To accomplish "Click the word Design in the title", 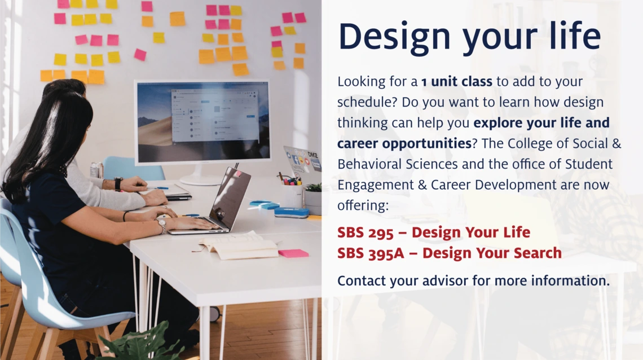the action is pos(394,36).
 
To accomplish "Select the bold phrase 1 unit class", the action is pos(456,81).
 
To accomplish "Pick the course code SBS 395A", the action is pos(371,253).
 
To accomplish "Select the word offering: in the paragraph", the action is pos(363,205).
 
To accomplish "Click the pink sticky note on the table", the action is pos(294,253).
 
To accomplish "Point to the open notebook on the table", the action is pos(238,246).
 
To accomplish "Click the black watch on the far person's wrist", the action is pos(118,184).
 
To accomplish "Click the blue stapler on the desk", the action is pos(292,212).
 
